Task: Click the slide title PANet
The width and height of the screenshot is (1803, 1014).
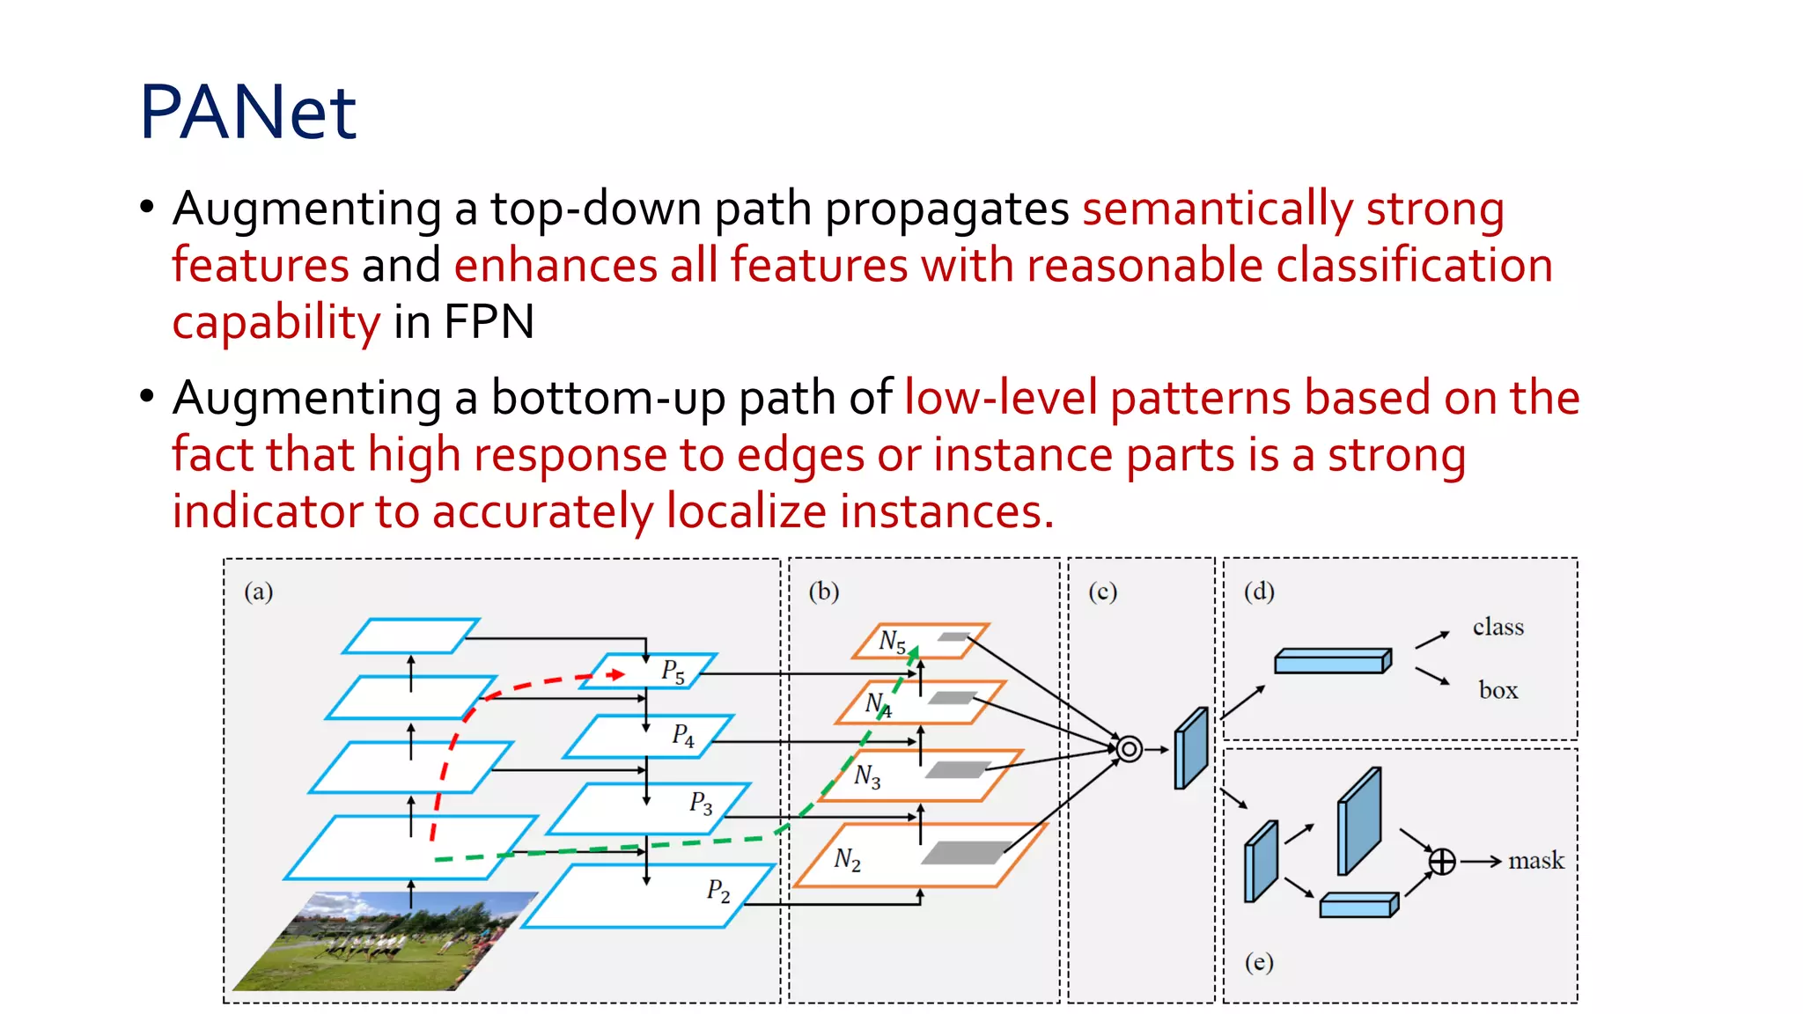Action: [247, 112]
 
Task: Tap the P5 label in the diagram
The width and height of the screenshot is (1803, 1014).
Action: [673, 671]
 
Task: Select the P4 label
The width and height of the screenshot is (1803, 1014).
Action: [683, 735]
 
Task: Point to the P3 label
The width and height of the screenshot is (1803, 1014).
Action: [701, 803]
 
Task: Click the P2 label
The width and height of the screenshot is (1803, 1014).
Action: [718, 891]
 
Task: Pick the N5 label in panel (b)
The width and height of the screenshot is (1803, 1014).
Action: [892, 641]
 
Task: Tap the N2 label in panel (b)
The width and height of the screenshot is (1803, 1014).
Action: [847, 859]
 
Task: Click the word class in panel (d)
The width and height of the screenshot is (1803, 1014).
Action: [1498, 627]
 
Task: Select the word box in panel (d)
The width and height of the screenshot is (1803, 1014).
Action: [1498, 690]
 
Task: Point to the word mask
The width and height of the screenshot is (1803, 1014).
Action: [1536, 860]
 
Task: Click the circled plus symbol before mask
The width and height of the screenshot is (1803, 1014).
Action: [1442, 861]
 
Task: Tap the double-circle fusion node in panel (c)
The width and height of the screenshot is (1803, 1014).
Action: [1130, 749]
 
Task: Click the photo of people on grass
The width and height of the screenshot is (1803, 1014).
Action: [387, 942]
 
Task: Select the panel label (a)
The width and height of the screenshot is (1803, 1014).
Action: [259, 591]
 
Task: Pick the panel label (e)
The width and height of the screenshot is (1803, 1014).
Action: [1259, 962]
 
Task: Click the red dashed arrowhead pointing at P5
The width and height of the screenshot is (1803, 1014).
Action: [617, 674]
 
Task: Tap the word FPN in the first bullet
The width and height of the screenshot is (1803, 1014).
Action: [489, 322]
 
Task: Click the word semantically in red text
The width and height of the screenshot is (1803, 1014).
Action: [1218, 209]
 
